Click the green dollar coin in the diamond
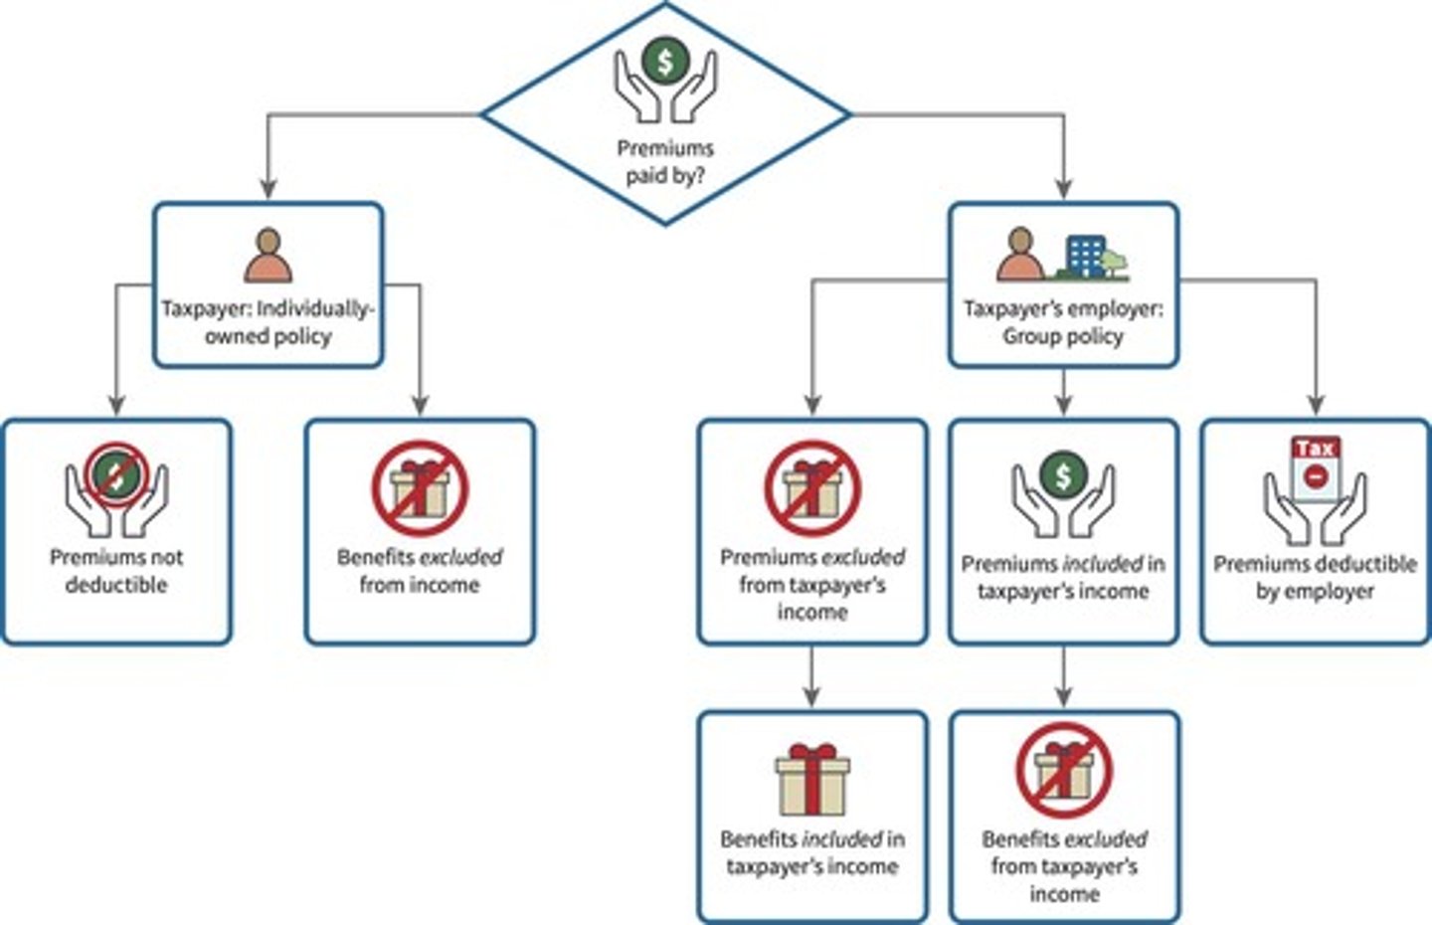pos(665,59)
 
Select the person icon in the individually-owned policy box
pos(268,256)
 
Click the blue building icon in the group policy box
pos(1085,256)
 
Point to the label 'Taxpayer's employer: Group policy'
pos(1063,322)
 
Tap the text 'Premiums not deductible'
pos(116,571)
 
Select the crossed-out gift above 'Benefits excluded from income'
pos(420,488)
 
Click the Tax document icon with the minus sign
pos(1315,467)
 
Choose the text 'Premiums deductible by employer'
pos(1315,577)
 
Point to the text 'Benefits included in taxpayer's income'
pos(812,852)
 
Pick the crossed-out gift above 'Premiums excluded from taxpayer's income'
pos(812,488)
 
